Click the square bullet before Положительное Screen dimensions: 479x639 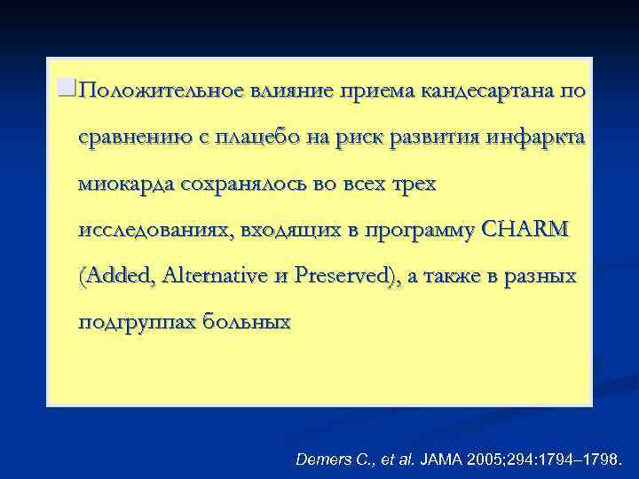click(x=62, y=87)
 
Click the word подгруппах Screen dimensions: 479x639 click(x=134, y=322)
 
